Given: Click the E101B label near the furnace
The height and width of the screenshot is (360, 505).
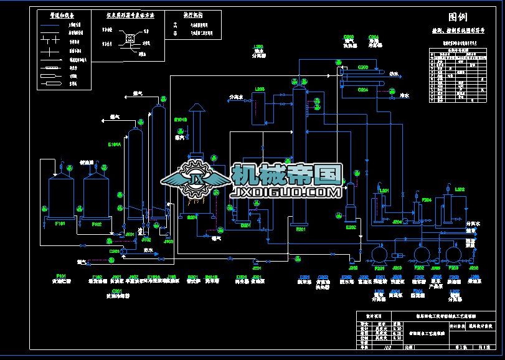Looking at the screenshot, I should [181, 120].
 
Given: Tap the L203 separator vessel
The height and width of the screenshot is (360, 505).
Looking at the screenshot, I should [258, 109].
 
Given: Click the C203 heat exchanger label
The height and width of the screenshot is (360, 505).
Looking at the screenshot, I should [363, 67].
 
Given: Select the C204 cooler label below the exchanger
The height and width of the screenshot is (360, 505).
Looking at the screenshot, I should [363, 90].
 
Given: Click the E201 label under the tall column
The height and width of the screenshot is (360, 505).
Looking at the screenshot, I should [300, 230].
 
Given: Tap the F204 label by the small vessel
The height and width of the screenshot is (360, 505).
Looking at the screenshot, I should [427, 199].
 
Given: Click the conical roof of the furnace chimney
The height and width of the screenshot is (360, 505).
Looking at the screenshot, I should [197, 108].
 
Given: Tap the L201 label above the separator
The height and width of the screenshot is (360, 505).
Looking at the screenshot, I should [384, 189].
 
